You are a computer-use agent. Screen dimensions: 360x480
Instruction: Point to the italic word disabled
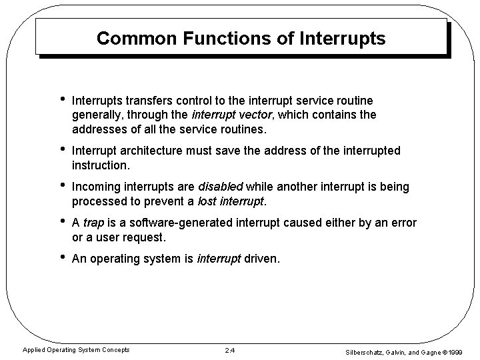pyautogui.click(x=222, y=187)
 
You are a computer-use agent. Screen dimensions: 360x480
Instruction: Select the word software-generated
pyautogui.click(x=178, y=223)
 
